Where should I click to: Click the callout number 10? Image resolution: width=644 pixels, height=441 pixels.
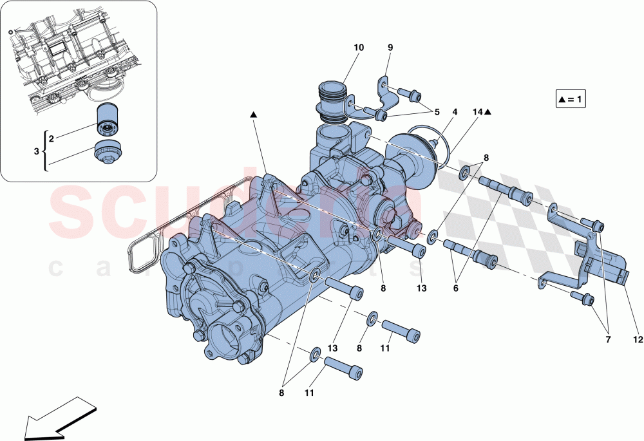359,48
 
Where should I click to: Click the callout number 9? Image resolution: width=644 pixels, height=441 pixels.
390,48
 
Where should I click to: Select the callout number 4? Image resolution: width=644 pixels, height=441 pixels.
455,112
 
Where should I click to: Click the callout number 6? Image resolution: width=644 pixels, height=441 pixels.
455,289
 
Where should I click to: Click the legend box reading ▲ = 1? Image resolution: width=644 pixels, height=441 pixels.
572,100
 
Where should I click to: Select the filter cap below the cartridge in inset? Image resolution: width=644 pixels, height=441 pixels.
108,153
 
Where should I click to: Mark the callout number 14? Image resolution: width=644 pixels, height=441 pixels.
477,112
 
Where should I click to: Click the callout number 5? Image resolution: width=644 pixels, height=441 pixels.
437,112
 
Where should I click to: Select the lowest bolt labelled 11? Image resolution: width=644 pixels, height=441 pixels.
344,369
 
